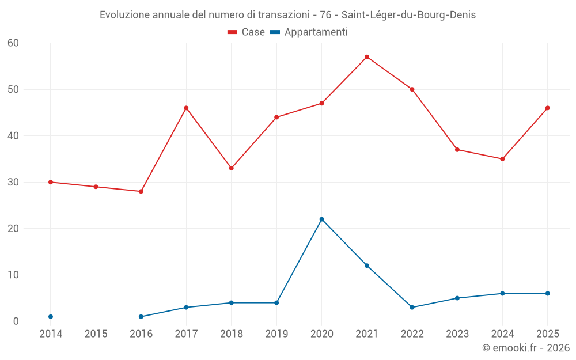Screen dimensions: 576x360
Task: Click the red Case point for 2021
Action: (x=367, y=57)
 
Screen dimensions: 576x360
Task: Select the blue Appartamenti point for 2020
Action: (x=322, y=219)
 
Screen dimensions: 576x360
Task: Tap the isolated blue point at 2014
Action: (x=51, y=317)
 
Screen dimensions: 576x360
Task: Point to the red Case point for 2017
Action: (x=186, y=108)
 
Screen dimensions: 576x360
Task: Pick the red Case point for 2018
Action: (x=232, y=168)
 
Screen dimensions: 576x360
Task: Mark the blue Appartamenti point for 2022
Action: (x=412, y=308)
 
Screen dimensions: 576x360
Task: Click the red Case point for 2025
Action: (x=548, y=108)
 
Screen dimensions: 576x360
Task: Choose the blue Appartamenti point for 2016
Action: (x=141, y=317)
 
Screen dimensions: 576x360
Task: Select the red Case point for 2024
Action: (x=502, y=159)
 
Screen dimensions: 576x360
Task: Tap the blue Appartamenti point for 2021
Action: (x=367, y=266)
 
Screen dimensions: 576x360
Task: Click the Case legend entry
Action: (x=246, y=32)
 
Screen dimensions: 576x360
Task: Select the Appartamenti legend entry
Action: (x=309, y=32)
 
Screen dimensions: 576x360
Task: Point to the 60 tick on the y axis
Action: (x=13, y=43)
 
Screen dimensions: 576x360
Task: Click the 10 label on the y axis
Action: (x=13, y=275)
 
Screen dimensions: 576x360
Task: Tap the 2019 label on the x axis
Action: (x=276, y=334)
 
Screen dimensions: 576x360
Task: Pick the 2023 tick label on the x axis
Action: (x=457, y=334)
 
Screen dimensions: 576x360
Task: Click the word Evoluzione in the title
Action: (x=124, y=15)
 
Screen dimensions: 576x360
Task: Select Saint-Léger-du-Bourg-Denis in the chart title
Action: (x=408, y=15)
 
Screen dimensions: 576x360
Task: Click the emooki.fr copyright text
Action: (x=526, y=347)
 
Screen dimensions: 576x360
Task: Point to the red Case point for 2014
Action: (x=51, y=182)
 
